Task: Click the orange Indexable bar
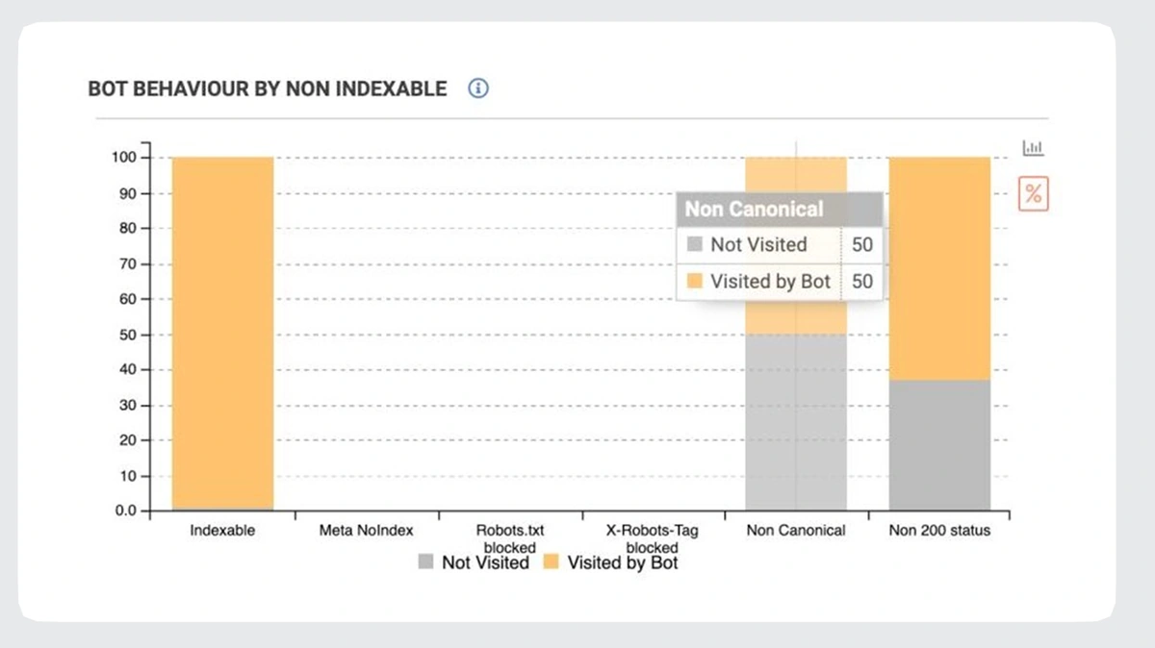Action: coord(222,332)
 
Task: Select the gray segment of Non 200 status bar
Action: coord(939,444)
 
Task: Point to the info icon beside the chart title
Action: coord(478,88)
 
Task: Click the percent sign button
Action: coord(1033,193)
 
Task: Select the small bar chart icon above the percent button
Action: coord(1033,148)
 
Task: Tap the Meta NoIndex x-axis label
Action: coord(366,530)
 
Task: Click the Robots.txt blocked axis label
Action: coord(509,538)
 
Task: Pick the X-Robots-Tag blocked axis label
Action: coord(653,538)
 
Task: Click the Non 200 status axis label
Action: coord(938,530)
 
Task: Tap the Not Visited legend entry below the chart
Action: coord(474,562)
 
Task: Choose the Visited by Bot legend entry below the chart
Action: coord(611,562)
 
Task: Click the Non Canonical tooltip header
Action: coord(755,209)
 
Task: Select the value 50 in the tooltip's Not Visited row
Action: coord(862,244)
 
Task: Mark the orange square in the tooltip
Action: coord(694,282)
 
